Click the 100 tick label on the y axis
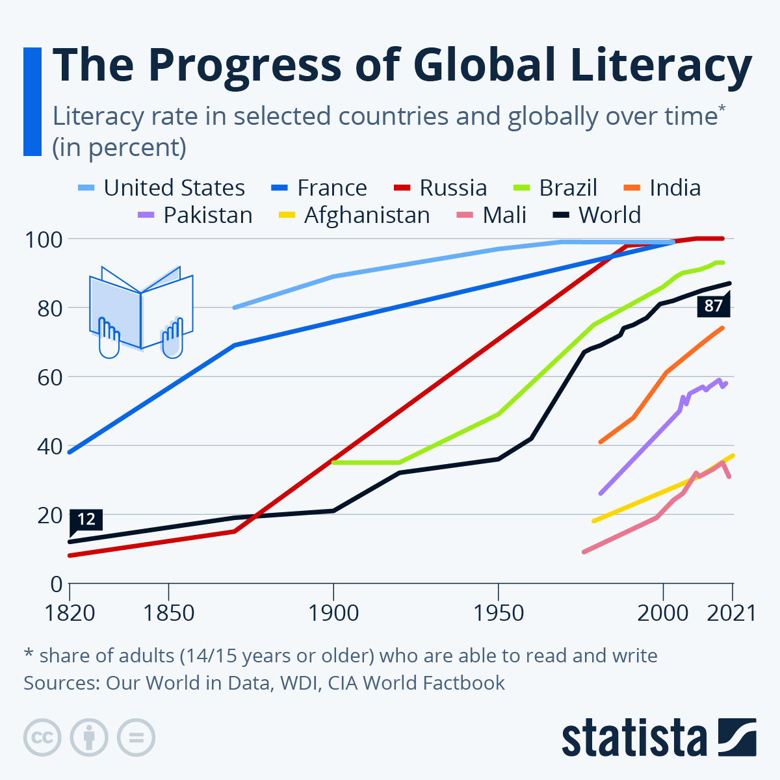pos(44,239)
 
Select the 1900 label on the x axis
pos(333,613)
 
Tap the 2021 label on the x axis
pos(731,613)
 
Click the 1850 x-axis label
pos(168,613)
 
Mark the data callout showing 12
pos(86,519)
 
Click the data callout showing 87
pos(713,305)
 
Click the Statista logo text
pos(634,738)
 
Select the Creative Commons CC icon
pos(42,738)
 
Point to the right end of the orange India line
pos(722,328)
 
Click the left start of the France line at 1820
pos(70,452)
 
